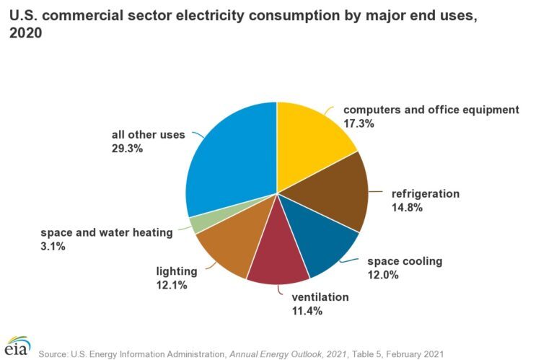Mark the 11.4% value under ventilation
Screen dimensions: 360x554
307,311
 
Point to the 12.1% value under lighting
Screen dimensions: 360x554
172,285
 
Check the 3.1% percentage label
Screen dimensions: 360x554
53,246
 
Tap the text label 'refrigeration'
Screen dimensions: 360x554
426,193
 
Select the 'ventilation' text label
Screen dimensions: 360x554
320,297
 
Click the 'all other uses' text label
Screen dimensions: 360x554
148,134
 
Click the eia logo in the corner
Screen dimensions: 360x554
18,346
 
